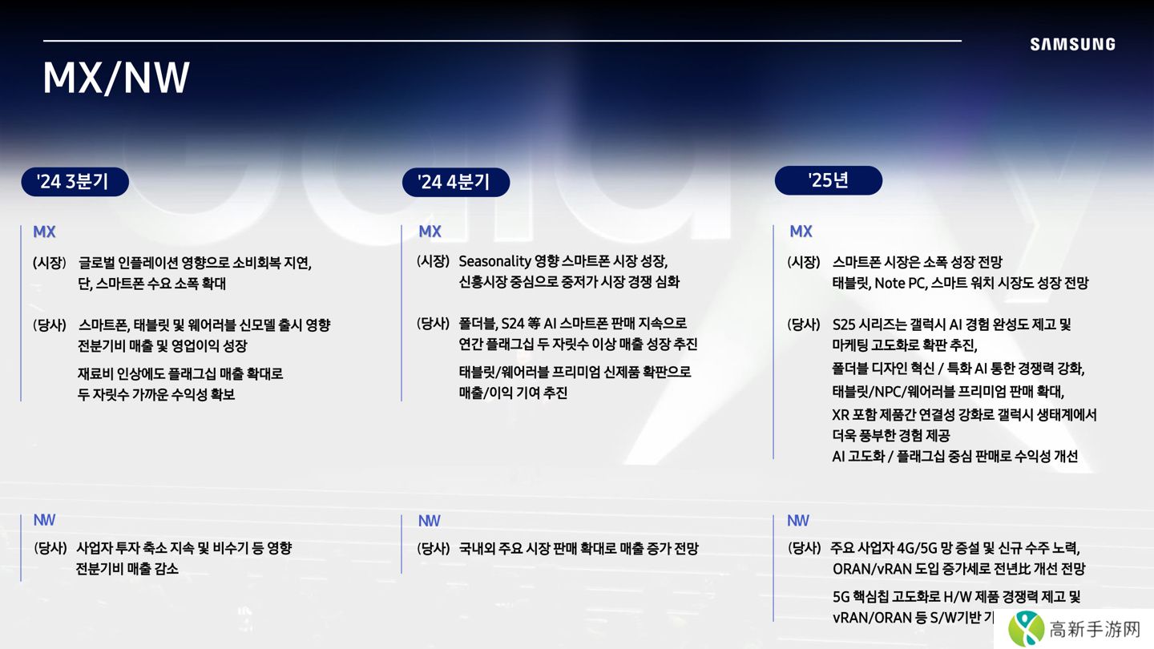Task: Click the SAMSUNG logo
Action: [x=1072, y=44]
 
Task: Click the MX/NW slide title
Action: [x=116, y=78]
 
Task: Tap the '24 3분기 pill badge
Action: [x=75, y=182]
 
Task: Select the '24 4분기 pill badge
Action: [x=456, y=183]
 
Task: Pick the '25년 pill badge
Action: [x=829, y=180]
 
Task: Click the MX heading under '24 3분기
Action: [x=44, y=232]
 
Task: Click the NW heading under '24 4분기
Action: [x=430, y=521]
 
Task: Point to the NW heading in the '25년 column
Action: [x=798, y=521]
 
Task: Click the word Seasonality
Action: [x=494, y=262]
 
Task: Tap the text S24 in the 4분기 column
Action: [x=513, y=324]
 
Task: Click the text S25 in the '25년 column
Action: [x=844, y=324]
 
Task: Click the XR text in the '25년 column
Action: [x=841, y=415]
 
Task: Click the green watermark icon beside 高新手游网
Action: [x=1027, y=628]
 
